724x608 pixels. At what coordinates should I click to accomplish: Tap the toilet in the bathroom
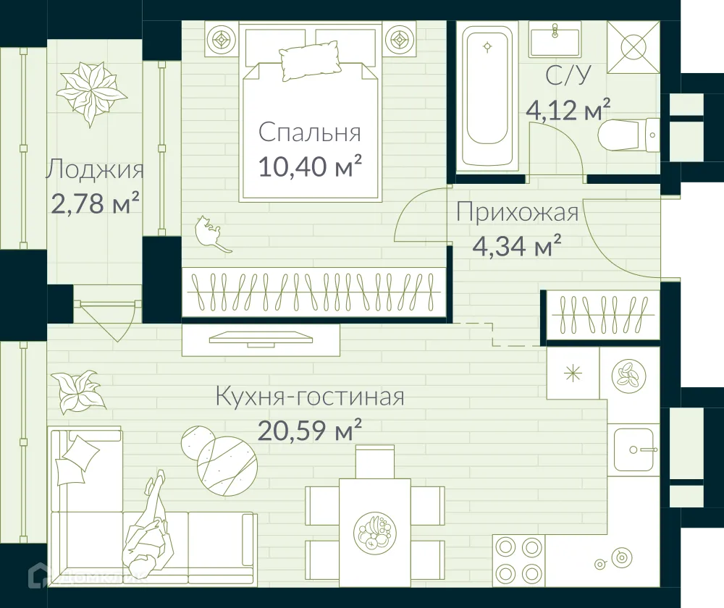click(x=628, y=135)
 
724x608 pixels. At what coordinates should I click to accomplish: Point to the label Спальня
click(x=309, y=133)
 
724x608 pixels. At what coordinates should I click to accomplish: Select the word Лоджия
click(x=94, y=170)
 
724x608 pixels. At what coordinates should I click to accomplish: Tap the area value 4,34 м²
click(x=516, y=247)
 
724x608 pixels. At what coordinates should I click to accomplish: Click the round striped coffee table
click(x=227, y=460)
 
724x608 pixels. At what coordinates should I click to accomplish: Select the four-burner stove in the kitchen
click(x=518, y=558)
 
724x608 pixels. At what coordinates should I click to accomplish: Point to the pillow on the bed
click(x=309, y=61)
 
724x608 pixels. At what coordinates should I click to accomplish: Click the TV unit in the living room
click(x=261, y=339)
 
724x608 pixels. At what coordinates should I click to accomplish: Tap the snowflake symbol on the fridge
click(x=573, y=373)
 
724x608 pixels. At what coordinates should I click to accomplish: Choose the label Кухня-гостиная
click(x=309, y=397)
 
